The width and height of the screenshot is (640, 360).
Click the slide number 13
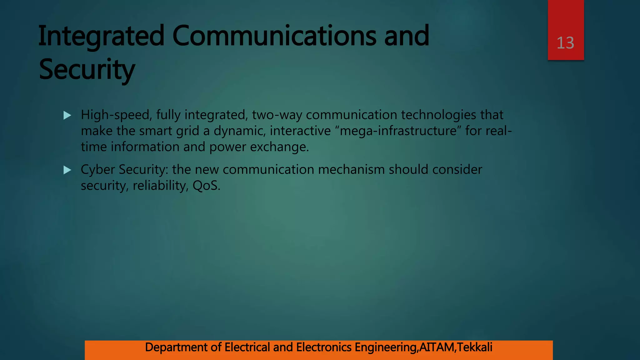click(x=565, y=43)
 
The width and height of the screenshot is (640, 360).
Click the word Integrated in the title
click(x=101, y=36)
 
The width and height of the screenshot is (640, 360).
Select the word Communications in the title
click(x=274, y=36)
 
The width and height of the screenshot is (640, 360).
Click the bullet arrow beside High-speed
click(x=67, y=116)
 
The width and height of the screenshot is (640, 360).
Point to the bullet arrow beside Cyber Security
click(x=67, y=170)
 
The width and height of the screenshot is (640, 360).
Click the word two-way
click(x=277, y=115)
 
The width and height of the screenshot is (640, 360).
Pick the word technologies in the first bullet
click(x=438, y=115)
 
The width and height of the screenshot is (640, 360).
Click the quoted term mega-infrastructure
click(x=398, y=131)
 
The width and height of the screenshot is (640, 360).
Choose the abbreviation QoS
click(x=206, y=186)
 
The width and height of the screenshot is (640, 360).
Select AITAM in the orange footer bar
click(x=437, y=347)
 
